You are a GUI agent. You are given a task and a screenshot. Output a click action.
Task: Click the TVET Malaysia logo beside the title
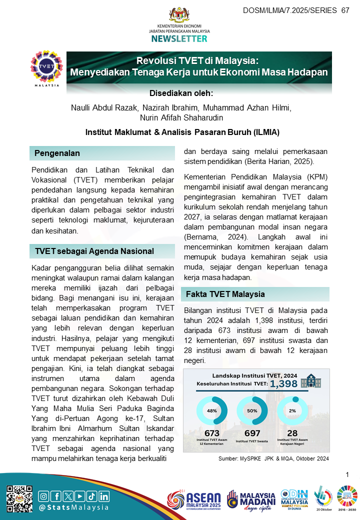coord(47,68)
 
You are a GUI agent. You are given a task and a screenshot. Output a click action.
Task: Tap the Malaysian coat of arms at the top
coord(179,14)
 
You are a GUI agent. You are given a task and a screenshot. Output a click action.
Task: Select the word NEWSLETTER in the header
coord(179,38)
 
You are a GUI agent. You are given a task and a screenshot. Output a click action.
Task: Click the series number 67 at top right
coord(345,10)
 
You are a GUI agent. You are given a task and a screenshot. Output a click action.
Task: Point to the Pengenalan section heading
coord(57,153)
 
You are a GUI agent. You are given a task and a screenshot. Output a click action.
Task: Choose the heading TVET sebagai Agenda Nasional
coord(94,251)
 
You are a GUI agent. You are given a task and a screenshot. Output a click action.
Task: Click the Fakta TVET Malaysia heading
coord(225,294)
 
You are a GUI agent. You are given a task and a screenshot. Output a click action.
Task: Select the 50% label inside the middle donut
coord(252,410)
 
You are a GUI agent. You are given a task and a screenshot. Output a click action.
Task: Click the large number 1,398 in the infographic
coord(284,383)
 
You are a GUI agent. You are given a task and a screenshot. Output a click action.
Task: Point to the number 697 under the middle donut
coord(252,433)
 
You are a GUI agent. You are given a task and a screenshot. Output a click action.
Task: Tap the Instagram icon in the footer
coord(44,496)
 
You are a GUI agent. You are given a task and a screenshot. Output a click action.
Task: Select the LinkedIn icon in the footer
coord(104,496)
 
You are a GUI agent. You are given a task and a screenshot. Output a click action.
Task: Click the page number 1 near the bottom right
coord(347,474)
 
